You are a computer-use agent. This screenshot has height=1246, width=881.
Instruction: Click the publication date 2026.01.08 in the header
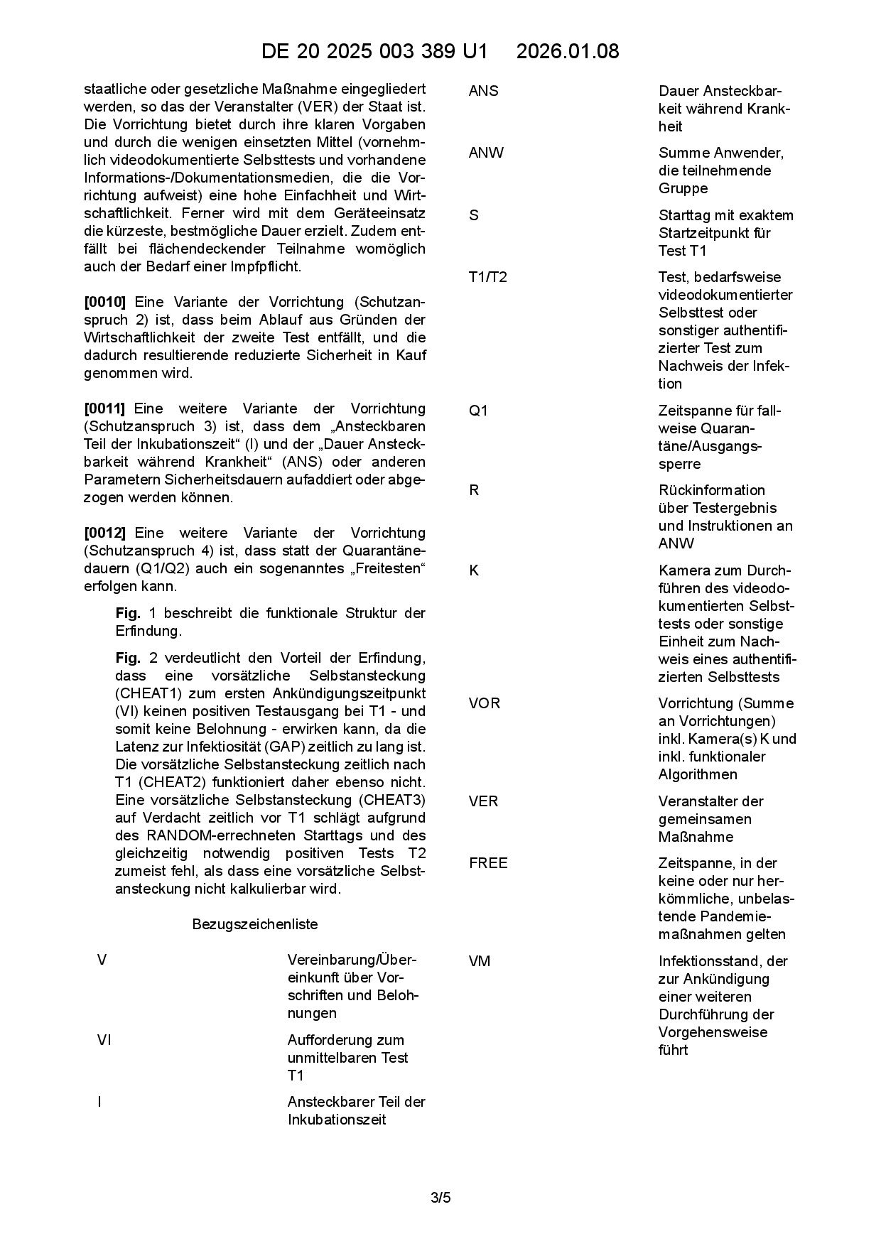[568, 51]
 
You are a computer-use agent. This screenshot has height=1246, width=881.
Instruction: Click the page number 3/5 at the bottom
[440, 1198]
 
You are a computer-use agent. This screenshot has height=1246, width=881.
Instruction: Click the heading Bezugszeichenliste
[255, 924]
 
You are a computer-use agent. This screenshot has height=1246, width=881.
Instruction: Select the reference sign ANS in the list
[484, 91]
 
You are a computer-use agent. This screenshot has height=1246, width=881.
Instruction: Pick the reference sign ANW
[486, 153]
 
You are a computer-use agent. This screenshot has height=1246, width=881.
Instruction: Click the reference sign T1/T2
[488, 277]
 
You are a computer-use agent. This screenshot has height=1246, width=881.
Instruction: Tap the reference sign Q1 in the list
[479, 411]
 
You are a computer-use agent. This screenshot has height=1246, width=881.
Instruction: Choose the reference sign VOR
[485, 703]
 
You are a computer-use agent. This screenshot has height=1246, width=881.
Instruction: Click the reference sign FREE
[488, 863]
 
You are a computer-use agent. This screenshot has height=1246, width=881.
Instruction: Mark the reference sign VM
[480, 961]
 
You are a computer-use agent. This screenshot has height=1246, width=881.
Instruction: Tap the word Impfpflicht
[266, 266]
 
